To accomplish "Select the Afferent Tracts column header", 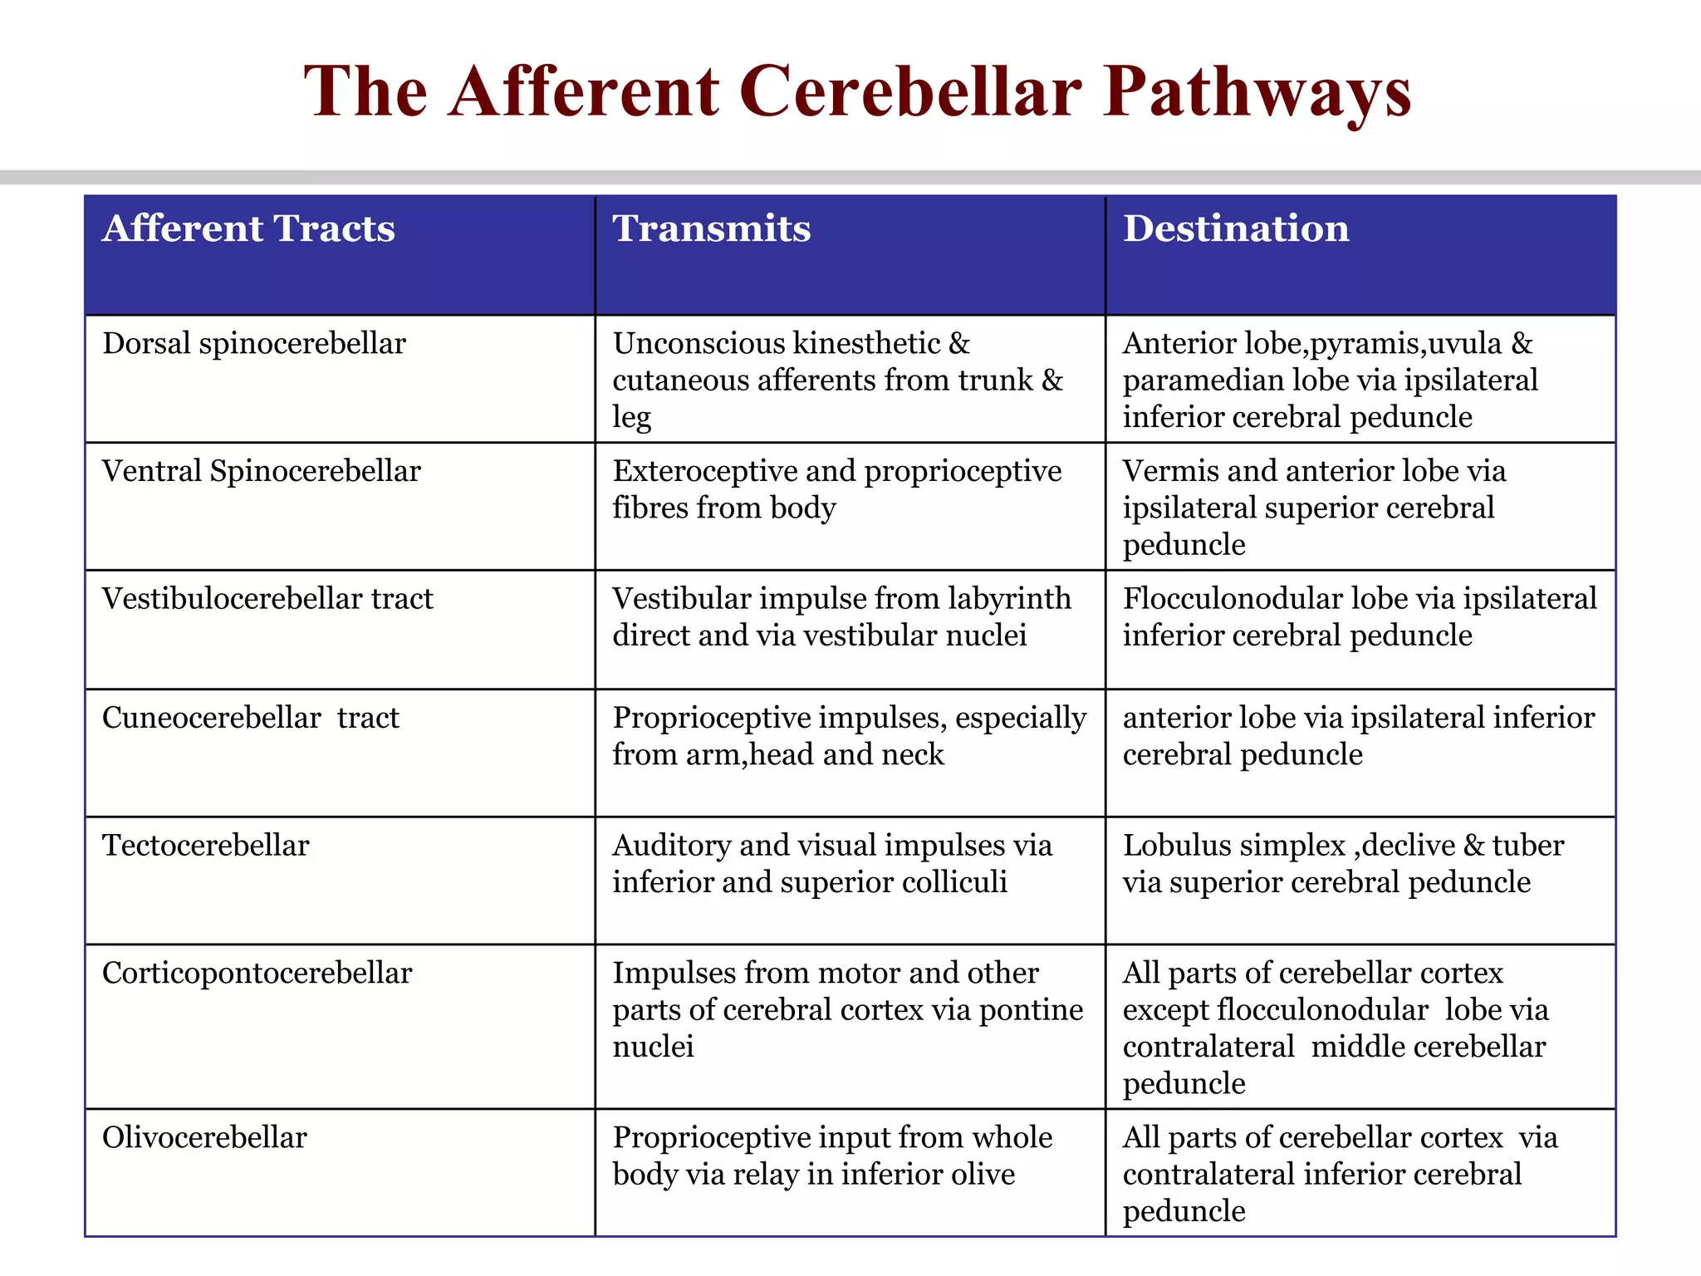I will coord(248,228).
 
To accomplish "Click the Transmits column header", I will coord(712,228).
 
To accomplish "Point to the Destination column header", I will coord(1236,228).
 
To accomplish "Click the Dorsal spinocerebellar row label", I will coord(254,344).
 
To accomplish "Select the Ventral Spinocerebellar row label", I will coord(262,472).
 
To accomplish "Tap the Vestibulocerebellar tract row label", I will coord(267,599).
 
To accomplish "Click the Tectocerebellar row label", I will coord(206,846).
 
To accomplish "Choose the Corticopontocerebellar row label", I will coord(257,974).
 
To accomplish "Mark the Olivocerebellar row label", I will coord(204,1138).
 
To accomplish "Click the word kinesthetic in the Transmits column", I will coord(867,344).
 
